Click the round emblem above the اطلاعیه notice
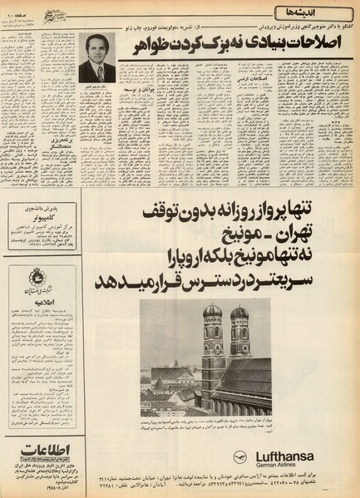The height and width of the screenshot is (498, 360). pos(36,279)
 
